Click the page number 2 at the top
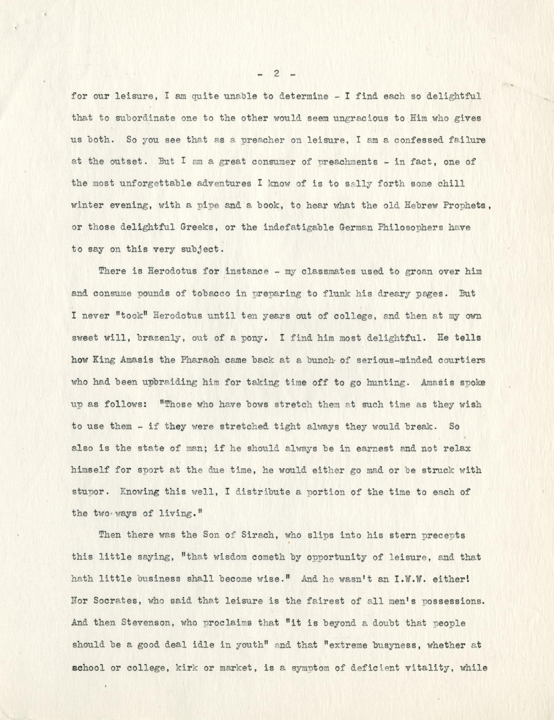[276, 74]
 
